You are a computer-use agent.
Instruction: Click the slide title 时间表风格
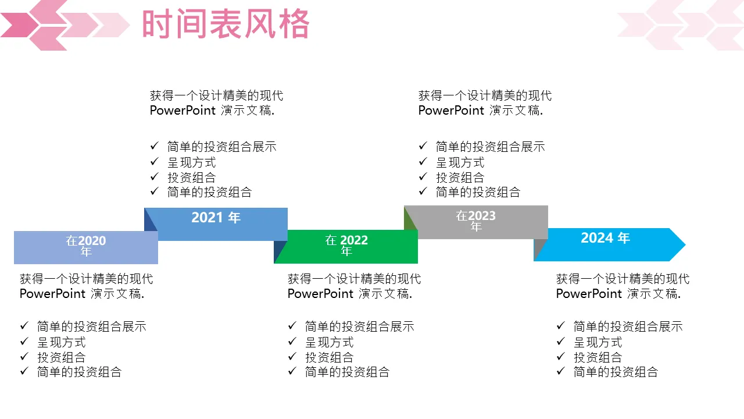click(x=226, y=25)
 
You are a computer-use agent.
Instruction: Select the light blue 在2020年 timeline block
click(x=86, y=247)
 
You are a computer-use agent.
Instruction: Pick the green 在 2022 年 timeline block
click(x=346, y=246)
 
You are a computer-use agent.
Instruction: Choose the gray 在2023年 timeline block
click(x=476, y=221)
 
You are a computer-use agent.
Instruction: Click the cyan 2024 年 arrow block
click(x=605, y=244)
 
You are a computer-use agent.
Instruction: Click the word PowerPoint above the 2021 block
click(x=183, y=111)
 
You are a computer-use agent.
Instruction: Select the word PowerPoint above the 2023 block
click(x=451, y=111)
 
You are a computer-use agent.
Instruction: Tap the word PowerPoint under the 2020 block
click(x=52, y=294)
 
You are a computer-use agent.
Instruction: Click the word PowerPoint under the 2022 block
click(x=320, y=294)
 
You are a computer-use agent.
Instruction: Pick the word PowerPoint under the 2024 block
click(x=589, y=294)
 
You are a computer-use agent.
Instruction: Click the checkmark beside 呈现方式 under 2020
click(x=24, y=342)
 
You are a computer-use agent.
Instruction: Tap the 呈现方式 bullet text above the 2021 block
click(x=191, y=162)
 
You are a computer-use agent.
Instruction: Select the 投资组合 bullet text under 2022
click(x=329, y=357)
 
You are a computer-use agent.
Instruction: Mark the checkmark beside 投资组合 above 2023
click(x=423, y=177)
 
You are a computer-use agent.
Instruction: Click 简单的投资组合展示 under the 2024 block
click(x=628, y=327)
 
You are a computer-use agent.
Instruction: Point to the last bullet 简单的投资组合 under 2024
click(x=616, y=372)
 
